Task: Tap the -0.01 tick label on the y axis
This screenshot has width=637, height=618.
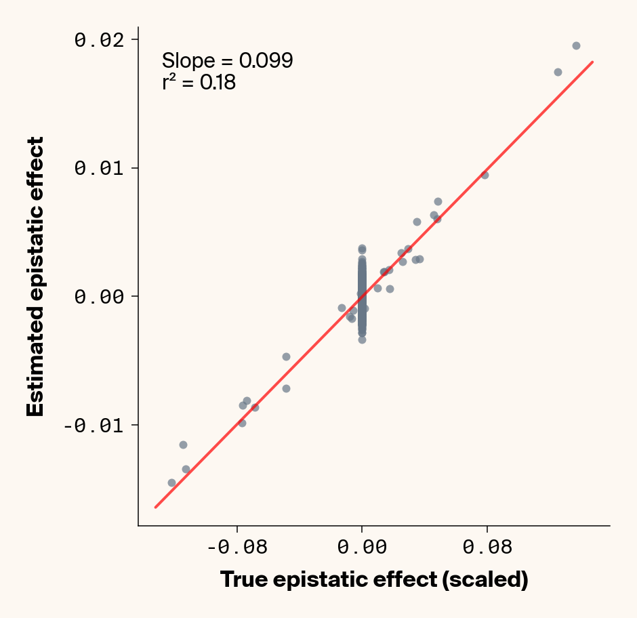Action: pyautogui.click(x=97, y=425)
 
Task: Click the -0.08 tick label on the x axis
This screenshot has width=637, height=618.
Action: pyautogui.click(x=237, y=547)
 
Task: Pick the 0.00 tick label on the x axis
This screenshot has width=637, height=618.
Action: pyautogui.click(x=362, y=547)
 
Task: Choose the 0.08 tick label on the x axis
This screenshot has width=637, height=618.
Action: pyautogui.click(x=487, y=547)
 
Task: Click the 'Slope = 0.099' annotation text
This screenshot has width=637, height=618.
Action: pyautogui.click(x=227, y=61)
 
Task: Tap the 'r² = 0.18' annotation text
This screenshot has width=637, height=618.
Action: pyautogui.click(x=199, y=83)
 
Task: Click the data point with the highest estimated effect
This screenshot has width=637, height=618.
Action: pyautogui.click(x=576, y=45)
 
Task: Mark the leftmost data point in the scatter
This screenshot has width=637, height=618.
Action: pyautogui.click(x=171, y=482)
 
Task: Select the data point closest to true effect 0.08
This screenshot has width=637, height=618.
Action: pyautogui.click(x=485, y=175)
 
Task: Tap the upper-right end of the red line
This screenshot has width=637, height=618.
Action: pyautogui.click(x=593, y=62)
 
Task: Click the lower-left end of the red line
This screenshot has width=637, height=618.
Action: pyautogui.click(x=155, y=507)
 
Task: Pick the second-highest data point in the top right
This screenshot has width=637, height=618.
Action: pyautogui.click(x=558, y=72)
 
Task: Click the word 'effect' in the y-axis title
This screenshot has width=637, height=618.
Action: pyautogui.click(x=35, y=173)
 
